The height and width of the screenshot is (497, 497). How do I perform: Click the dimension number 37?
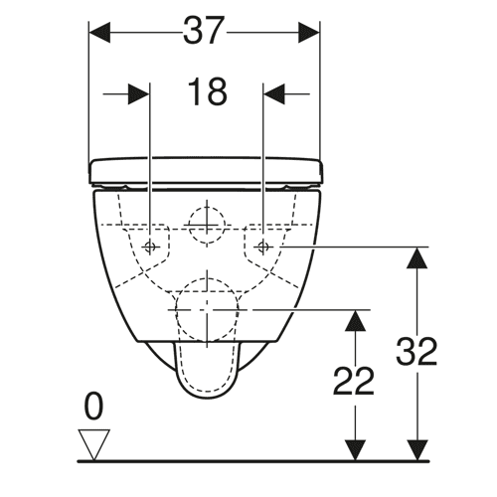click(202, 31)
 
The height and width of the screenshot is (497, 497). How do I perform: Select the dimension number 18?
click(208, 91)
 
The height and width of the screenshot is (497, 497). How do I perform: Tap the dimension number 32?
click(416, 351)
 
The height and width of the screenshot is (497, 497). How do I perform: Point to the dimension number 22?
click(353, 381)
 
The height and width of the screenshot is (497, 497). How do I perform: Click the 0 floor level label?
click(93, 406)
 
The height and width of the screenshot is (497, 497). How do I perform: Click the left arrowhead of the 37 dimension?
click(99, 33)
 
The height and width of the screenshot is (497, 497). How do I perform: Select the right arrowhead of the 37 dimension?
click(309, 33)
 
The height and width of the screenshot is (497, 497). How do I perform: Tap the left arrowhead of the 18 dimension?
click(139, 94)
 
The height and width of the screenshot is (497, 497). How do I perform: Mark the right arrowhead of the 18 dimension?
click(274, 94)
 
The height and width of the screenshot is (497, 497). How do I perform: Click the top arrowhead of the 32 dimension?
click(416, 257)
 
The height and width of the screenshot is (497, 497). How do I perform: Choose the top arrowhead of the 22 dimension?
click(355, 321)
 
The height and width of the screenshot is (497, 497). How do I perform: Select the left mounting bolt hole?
click(150, 247)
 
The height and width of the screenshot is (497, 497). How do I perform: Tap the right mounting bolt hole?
click(263, 247)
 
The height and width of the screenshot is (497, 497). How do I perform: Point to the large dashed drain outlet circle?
click(207, 277)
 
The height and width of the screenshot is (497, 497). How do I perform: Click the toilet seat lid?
click(206, 171)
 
